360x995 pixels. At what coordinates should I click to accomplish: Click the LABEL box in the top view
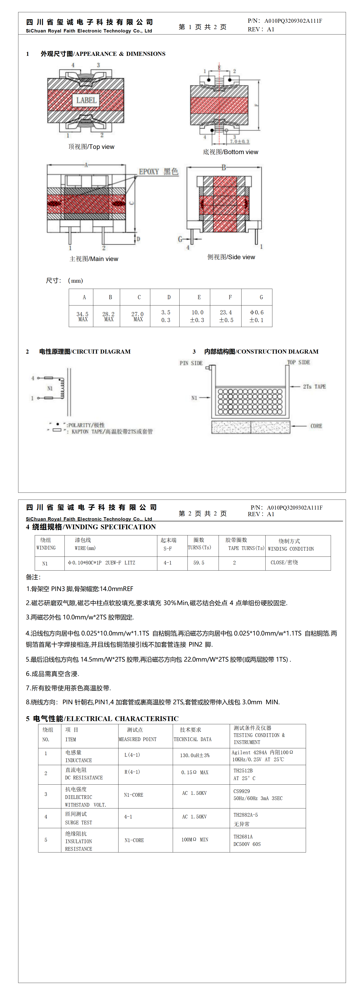tap(86, 100)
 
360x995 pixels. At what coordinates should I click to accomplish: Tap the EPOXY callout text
tap(158, 172)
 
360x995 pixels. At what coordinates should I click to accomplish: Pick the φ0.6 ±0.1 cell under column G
tap(256, 316)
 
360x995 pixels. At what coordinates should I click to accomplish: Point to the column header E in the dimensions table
tap(199, 297)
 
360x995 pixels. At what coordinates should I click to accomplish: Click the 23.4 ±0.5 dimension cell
tap(226, 316)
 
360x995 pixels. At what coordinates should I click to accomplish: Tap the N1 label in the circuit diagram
tap(50, 388)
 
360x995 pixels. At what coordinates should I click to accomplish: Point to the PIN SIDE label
tap(191, 363)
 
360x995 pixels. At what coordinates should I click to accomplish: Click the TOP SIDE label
tap(298, 362)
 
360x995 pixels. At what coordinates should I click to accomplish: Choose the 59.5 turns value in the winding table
tap(199, 563)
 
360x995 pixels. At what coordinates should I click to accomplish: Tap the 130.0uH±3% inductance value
tap(195, 755)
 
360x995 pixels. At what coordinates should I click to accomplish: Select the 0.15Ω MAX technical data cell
tap(195, 773)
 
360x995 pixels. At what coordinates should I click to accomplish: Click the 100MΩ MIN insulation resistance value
tap(195, 840)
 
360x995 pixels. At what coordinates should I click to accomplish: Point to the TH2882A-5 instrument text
tap(245, 815)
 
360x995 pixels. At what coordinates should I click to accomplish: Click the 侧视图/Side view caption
tap(231, 257)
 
